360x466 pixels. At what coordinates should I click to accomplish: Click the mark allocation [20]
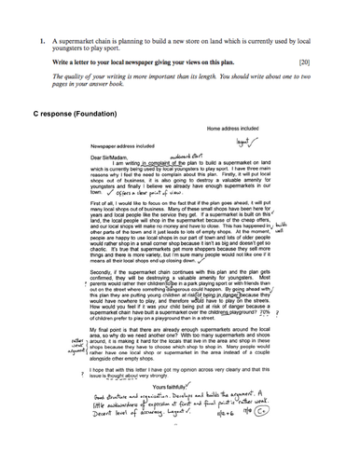(x=315, y=61)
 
